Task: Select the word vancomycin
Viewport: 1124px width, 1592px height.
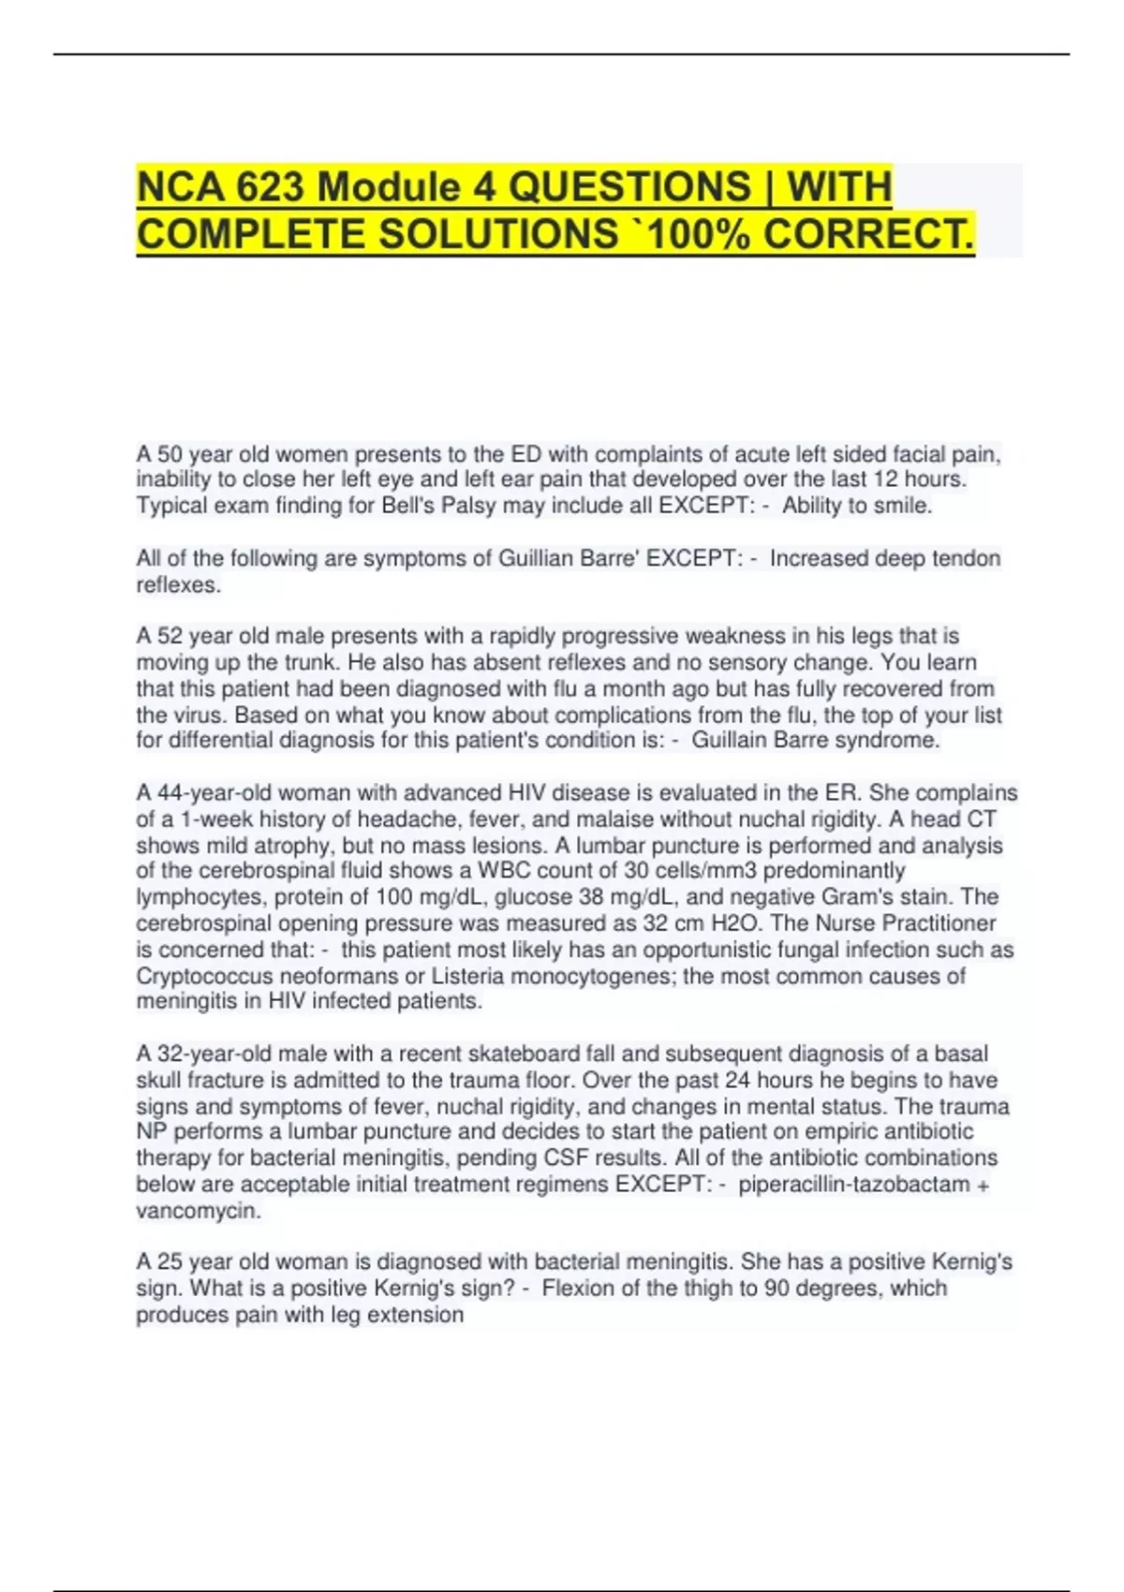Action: click(x=197, y=1211)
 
